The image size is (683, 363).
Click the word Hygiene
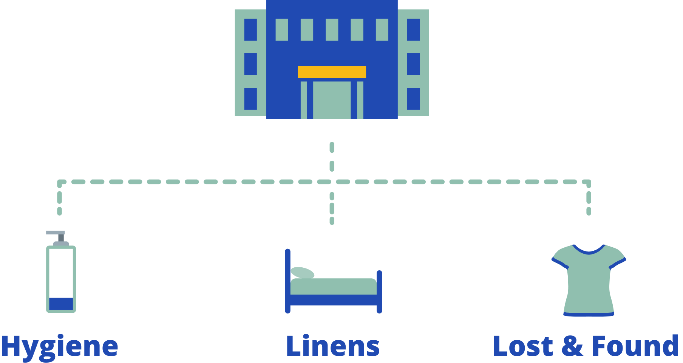59,346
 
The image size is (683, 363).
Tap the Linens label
333,346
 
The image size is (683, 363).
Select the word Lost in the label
523,346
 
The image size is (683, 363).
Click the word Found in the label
635,346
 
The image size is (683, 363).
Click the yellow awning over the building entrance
332,72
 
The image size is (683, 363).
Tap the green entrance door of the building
332,100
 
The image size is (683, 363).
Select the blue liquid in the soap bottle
61,304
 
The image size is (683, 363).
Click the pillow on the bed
302,272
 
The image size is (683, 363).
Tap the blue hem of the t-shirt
589,314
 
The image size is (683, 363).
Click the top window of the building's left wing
250,29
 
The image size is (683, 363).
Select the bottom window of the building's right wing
413,99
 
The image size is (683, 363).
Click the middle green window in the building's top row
332,29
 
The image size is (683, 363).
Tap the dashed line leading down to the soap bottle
59,202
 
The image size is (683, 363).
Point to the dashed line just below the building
332,157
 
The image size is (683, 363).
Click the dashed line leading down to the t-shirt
589,202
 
